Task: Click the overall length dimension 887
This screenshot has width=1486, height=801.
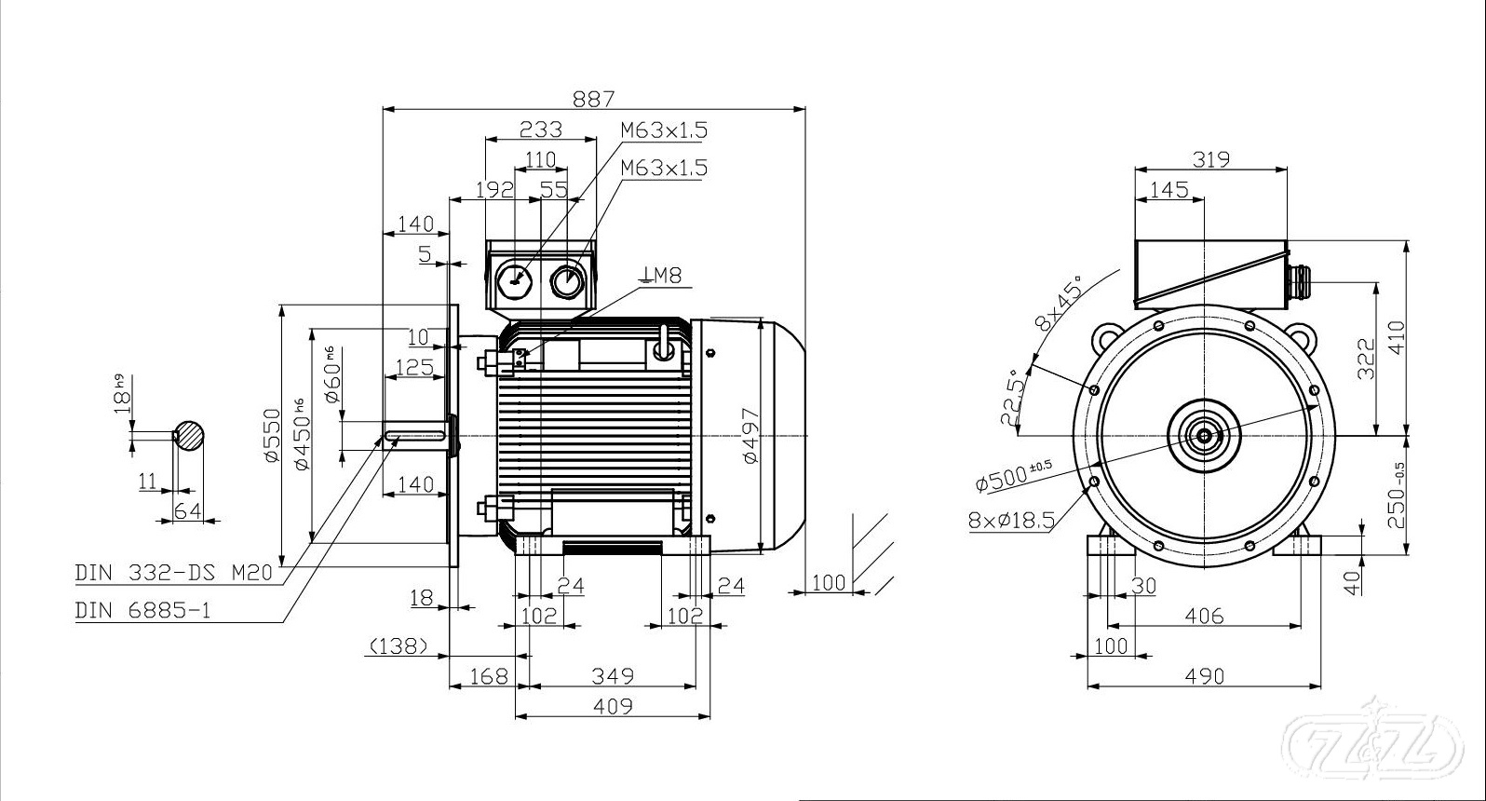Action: (593, 98)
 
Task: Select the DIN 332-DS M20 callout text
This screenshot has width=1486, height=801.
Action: (174, 573)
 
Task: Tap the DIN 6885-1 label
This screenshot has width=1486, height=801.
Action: (143, 610)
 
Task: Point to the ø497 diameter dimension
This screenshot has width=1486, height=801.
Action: (751, 437)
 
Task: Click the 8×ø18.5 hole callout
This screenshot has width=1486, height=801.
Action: (1011, 520)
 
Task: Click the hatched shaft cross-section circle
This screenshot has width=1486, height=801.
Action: (190, 435)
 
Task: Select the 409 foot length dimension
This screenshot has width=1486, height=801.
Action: (613, 706)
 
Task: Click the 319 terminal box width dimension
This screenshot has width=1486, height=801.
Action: (1210, 159)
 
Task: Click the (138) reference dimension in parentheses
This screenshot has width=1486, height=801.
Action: (399, 645)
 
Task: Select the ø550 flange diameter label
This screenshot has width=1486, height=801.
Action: (271, 435)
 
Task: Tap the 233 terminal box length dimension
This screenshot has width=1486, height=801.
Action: (540, 128)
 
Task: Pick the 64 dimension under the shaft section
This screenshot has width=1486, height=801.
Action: (188, 510)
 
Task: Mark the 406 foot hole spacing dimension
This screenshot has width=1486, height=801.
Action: (1204, 615)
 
